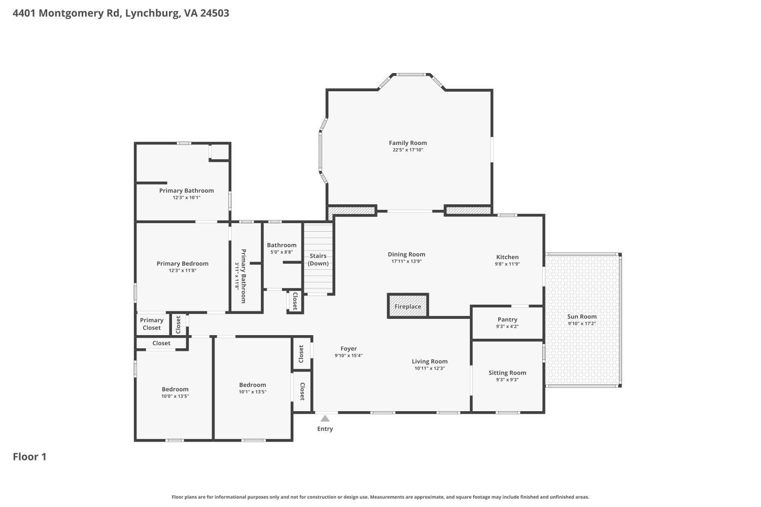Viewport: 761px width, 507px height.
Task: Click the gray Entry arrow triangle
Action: click(x=325, y=418)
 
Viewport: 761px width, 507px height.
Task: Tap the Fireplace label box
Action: click(x=408, y=307)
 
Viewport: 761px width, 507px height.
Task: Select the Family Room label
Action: click(x=408, y=143)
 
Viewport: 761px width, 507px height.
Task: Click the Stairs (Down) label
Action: click(x=318, y=260)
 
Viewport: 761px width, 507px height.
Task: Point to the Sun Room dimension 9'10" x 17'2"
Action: click(x=581, y=323)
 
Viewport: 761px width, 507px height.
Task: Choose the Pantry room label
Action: click(x=507, y=319)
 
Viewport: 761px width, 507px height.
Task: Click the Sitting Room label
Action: click(x=507, y=373)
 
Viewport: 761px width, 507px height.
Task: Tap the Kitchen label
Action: click(x=507, y=257)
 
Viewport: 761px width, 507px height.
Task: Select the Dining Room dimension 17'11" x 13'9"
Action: click(x=406, y=262)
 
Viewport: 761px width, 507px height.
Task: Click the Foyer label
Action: click(x=349, y=348)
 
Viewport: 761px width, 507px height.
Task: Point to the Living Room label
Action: click(x=430, y=361)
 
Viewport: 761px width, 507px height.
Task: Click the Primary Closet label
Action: click(x=152, y=324)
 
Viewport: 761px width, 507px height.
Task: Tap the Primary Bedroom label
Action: click(x=183, y=264)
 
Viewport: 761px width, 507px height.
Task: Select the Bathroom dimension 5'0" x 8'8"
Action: click(x=282, y=252)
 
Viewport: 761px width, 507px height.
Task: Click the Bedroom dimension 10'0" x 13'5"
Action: click(x=175, y=396)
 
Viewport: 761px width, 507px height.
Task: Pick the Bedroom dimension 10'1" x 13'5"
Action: click(x=253, y=392)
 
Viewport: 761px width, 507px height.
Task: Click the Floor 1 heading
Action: click(x=29, y=457)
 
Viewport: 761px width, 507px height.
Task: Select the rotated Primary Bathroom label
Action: click(x=243, y=276)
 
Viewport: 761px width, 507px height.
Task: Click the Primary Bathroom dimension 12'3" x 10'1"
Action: click(x=187, y=198)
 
